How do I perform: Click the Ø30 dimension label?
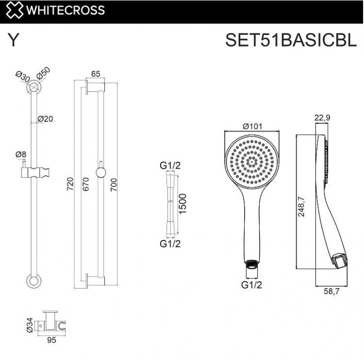coord(22,77)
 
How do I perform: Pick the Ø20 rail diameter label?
coord(45,119)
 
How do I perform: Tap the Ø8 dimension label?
coord(21,154)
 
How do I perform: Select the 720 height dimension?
coord(69,185)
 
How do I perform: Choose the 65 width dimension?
coord(95,74)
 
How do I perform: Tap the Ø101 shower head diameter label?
coord(252,126)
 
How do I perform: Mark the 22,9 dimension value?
coord(322,117)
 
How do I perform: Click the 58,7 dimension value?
coord(332,292)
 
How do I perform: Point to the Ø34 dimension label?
coord(30,324)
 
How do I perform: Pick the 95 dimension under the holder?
coord(51,340)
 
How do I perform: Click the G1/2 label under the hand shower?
coord(251,285)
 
